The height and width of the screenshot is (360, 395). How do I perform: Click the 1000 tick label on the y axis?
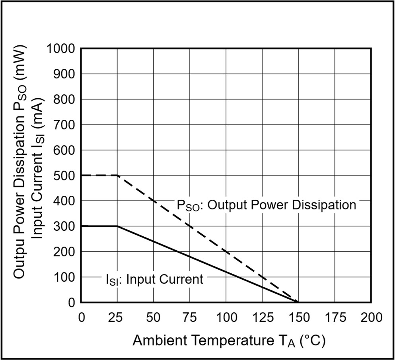[60, 49]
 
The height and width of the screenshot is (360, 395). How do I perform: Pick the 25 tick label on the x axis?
[117, 317]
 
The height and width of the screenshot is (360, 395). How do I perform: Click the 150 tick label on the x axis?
[298, 317]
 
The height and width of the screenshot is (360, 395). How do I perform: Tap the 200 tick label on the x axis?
[371, 317]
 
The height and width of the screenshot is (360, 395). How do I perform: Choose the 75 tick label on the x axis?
[190, 317]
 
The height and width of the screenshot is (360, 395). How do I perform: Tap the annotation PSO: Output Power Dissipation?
[267, 205]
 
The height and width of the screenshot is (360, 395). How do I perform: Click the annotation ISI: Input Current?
[154, 280]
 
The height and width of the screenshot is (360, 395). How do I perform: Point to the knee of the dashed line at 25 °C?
[117, 175]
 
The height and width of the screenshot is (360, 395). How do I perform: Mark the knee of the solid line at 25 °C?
[117, 226]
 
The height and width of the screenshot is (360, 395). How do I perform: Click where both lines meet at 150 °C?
[298, 302]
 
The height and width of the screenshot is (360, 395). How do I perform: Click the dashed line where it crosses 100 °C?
[226, 251]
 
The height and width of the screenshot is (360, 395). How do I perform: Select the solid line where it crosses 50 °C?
[154, 241]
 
